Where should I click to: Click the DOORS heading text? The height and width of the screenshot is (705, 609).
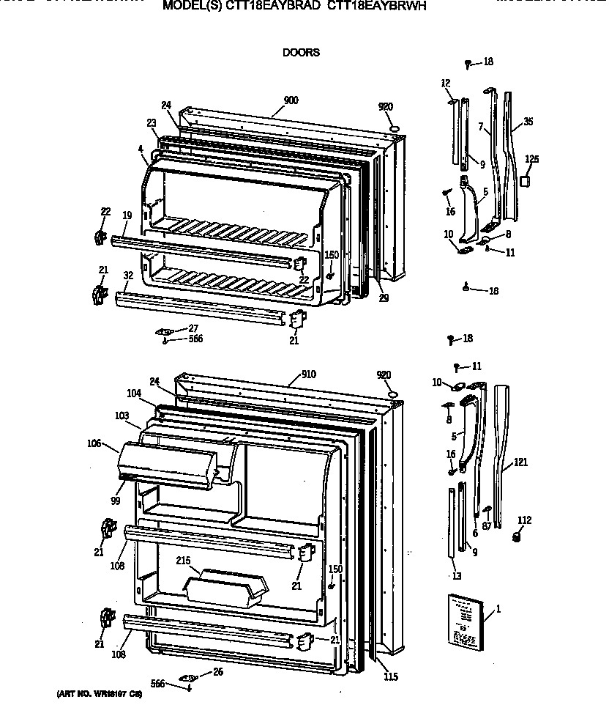[x=301, y=53]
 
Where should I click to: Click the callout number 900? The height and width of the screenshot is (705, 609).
[x=291, y=100]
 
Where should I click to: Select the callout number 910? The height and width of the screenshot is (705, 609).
[x=308, y=374]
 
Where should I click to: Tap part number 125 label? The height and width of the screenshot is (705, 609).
[x=532, y=159]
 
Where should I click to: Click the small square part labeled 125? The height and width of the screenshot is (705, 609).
[x=526, y=180]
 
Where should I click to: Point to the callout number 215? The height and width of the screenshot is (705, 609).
[x=184, y=561]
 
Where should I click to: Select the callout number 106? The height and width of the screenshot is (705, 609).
[x=93, y=443]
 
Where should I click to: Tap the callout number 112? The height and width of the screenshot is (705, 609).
[x=524, y=520]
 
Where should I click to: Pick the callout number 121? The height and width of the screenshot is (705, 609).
[x=520, y=462]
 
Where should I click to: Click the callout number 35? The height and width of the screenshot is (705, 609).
[x=528, y=122]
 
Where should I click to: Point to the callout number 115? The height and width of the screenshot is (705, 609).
[x=391, y=676]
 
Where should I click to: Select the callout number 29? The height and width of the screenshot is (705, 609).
[x=384, y=298]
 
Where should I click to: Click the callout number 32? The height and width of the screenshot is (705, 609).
[x=128, y=276]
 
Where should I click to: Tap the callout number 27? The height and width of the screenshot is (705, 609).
[x=193, y=328]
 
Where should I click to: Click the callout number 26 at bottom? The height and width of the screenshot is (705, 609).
[x=217, y=672]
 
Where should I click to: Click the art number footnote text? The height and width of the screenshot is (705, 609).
[x=99, y=693]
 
